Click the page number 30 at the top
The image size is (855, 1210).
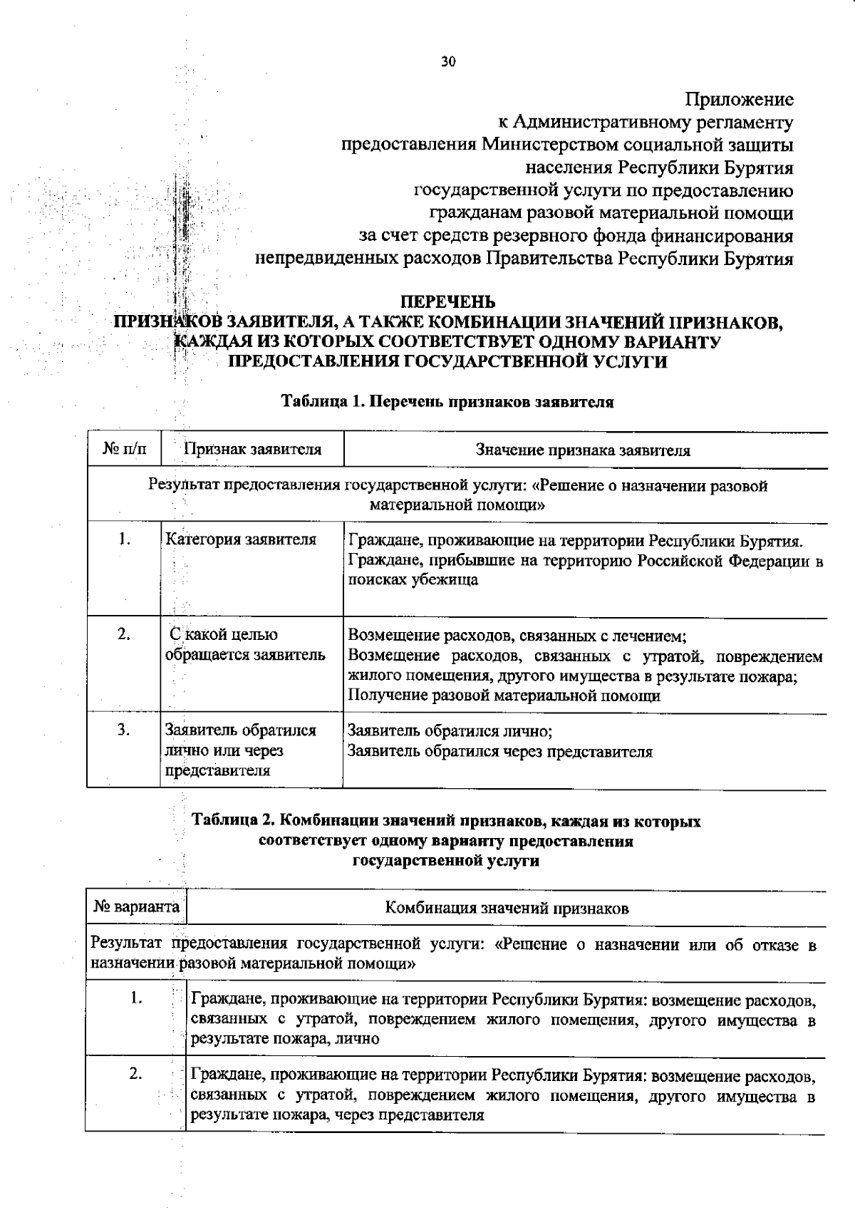pyautogui.click(x=447, y=61)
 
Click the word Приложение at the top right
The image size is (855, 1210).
pyautogui.click(x=740, y=100)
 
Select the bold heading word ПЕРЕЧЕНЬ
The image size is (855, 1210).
pyautogui.click(x=447, y=302)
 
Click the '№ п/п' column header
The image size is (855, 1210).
pyautogui.click(x=124, y=450)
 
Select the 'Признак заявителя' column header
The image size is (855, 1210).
pyautogui.click(x=252, y=450)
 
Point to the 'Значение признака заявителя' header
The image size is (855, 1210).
pyautogui.click(x=583, y=450)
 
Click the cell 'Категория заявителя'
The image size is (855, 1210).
pyautogui.click(x=241, y=539)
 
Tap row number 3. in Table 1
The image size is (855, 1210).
pyautogui.click(x=124, y=730)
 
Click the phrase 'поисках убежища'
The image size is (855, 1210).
pyautogui.click(x=413, y=580)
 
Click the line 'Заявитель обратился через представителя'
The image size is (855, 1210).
pyautogui.click(x=499, y=751)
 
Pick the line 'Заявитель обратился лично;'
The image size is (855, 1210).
pyautogui.click(x=450, y=731)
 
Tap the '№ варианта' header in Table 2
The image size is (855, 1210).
pyautogui.click(x=136, y=908)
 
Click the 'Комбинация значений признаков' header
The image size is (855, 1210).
pyautogui.click(x=507, y=909)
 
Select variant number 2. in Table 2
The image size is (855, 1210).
pyautogui.click(x=136, y=1074)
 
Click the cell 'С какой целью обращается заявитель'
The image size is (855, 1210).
pyautogui.click(x=245, y=644)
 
